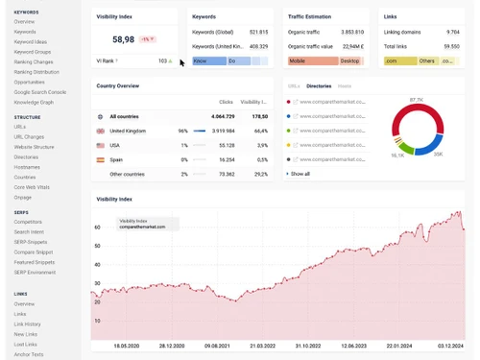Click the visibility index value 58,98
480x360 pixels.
[123, 39]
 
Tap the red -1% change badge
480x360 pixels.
[147, 39]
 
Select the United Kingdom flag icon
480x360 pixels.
[101, 131]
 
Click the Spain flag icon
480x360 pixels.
[101, 159]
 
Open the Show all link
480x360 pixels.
[300, 174]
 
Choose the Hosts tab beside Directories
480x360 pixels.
[344, 85]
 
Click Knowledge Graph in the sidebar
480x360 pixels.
[34, 102]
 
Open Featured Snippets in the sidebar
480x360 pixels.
[35, 262]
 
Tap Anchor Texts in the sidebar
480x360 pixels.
[29, 354]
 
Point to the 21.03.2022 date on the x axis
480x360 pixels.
[262, 346]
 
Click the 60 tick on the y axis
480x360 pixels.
[97, 228]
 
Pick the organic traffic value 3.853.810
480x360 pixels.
[352, 32]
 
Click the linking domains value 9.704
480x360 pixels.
[452, 32]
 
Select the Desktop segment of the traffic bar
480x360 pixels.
[350, 60]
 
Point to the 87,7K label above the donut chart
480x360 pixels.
[416, 100]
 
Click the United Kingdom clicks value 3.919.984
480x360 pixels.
[223, 131]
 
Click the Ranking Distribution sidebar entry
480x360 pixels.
[36, 72]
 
